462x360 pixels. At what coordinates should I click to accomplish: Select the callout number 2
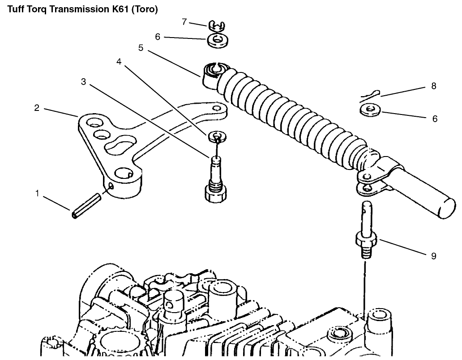(x=37, y=108)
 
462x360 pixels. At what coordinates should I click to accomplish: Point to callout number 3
(x=84, y=81)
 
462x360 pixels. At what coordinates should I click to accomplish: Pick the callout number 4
(x=119, y=62)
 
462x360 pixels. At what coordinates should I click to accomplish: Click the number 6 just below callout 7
(x=157, y=37)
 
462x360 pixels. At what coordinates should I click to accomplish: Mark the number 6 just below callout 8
(x=434, y=119)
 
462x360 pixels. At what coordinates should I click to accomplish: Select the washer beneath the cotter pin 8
(x=370, y=109)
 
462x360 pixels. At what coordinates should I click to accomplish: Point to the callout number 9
(x=433, y=256)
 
